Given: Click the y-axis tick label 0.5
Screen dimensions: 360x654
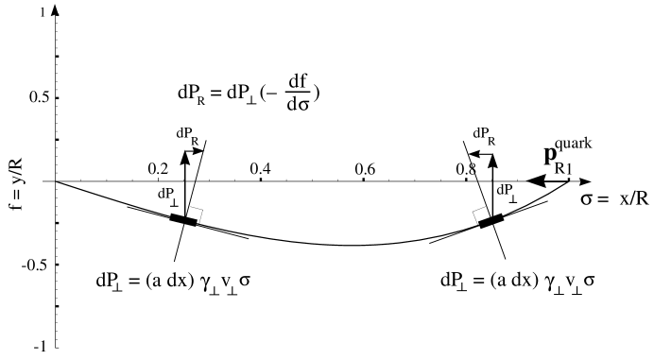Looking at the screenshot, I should [x=38, y=98].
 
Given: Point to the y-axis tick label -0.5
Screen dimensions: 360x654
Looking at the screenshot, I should [x=36, y=263].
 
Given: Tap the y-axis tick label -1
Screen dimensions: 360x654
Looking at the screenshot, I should [x=42, y=346].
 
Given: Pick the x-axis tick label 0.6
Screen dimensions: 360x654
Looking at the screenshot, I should [x=364, y=167].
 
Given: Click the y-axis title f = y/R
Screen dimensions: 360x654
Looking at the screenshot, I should [x=15, y=180].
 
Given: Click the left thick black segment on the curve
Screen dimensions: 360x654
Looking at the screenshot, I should [x=182, y=219].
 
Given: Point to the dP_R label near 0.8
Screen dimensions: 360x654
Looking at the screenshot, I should [x=484, y=133].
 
